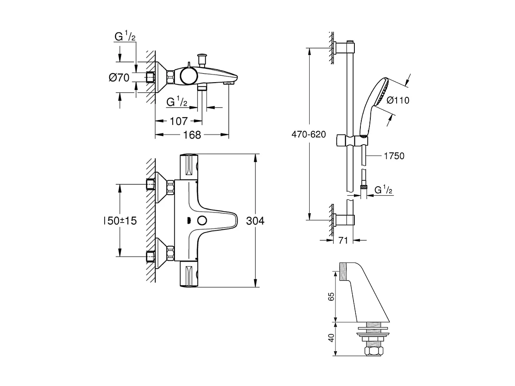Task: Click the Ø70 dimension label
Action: pos(119,78)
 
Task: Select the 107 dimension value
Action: pos(178,121)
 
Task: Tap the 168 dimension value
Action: pos(192,135)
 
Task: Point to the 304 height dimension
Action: pos(255,221)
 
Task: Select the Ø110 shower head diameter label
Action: pos(398,100)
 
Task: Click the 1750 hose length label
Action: pos(394,156)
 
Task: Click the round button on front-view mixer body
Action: pos(201,221)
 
